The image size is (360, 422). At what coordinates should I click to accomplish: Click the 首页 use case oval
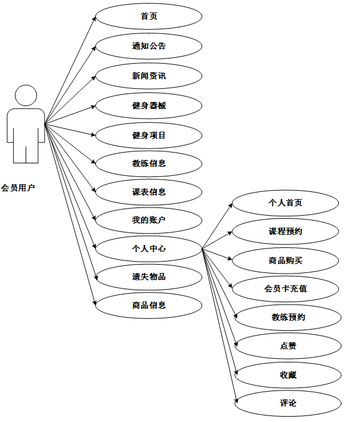point(149,17)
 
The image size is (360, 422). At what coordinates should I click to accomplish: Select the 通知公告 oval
point(149,46)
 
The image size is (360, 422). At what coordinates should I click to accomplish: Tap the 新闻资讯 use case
point(149,76)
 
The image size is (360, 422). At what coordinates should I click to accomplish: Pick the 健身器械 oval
point(149,105)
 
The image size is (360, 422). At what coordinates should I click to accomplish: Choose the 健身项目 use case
point(149,135)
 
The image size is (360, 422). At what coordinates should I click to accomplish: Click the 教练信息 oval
point(149,163)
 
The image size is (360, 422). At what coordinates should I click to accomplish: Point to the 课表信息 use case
point(149,192)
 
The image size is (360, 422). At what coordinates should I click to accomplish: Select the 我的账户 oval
point(149,221)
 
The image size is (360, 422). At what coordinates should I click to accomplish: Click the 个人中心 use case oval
point(149,249)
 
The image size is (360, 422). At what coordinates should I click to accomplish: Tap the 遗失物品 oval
point(149,277)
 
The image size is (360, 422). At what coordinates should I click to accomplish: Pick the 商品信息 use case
point(149,305)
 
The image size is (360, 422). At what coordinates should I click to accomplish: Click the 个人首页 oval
point(285,203)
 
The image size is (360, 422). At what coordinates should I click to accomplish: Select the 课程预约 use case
point(285,231)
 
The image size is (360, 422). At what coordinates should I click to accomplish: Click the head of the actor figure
point(26,97)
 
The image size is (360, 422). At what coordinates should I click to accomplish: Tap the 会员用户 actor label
point(18,188)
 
